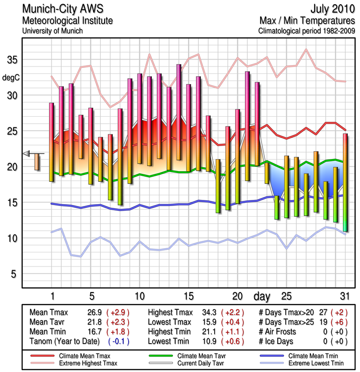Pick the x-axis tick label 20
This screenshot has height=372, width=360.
[x=237, y=296]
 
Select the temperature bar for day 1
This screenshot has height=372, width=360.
[x=52, y=142]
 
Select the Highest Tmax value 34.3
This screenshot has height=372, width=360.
[x=204, y=312]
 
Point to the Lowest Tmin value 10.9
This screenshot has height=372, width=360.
[x=204, y=341]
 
